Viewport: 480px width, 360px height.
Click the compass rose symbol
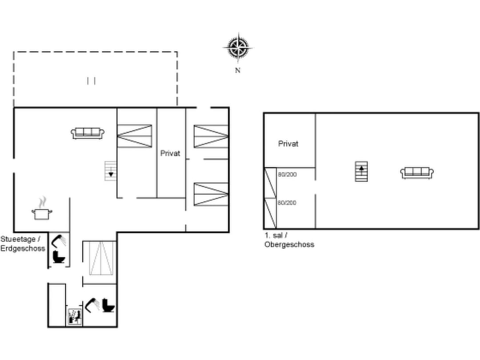(239, 47)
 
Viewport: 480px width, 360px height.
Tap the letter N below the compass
(238, 70)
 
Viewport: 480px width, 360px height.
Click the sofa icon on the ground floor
(88, 132)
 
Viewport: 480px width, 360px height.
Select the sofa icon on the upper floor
(417, 172)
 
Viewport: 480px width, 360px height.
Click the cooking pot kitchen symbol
(42, 213)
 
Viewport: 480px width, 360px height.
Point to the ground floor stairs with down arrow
(110, 171)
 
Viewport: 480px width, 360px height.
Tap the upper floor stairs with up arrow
(362, 171)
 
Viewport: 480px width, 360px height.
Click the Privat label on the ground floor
(171, 153)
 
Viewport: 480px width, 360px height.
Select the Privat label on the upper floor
(288, 144)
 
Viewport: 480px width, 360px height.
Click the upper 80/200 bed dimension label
(287, 175)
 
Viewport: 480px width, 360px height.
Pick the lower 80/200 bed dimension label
(287, 203)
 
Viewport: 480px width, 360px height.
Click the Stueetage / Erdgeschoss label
(23, 244)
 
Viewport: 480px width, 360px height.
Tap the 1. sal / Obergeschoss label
(289, 240)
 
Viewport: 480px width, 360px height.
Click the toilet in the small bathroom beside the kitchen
(59, 257)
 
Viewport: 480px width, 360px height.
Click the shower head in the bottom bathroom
(92, 305)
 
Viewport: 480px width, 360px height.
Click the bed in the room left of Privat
(135, 136)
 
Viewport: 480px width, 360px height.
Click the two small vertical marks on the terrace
(92, 80)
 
